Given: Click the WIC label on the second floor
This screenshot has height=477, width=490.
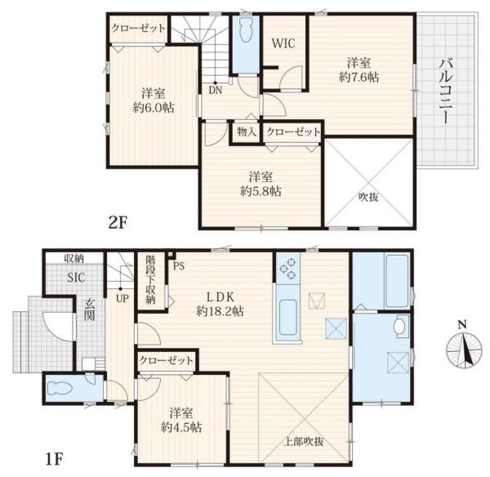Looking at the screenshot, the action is (x=283, y=43).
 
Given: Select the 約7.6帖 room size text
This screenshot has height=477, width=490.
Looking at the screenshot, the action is (x=359, y=77).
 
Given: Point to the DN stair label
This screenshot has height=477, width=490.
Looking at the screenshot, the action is (x=215, y=91).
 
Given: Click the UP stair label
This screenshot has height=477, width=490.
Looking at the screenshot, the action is (x=122, y=298).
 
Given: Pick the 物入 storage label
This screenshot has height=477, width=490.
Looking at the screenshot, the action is (x=247, y=132).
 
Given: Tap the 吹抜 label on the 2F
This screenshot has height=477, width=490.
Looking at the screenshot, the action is (x=368, y=197).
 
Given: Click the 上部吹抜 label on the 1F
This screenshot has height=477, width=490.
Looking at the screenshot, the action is (x=304, y=441).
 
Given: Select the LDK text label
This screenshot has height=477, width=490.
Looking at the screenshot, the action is (x=220, y=296).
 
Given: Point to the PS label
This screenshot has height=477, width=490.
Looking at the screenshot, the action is (x=179, y=266).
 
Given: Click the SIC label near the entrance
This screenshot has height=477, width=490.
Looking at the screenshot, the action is (x=76, y=277).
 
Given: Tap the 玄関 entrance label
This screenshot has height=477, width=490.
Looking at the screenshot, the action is (x=90, y=309).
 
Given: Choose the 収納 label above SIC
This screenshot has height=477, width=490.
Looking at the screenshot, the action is (x=74, y=258).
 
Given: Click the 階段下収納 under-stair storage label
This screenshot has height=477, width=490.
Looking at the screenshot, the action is (x=150, y=279).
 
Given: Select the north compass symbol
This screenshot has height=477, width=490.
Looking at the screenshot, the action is (x=464, y=348).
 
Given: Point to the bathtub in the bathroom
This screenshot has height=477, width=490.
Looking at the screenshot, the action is (x=397, y=281).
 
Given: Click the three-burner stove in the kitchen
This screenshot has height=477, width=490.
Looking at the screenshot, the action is (x=288, y=268).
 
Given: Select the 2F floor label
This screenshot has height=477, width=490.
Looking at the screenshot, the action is (x=118, y=222).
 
